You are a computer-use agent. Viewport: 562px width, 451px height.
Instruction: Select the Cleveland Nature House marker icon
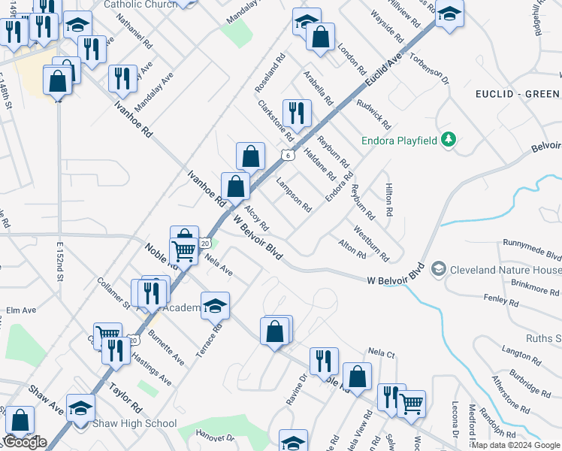438,268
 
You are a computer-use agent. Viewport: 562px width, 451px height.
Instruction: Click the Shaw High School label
134,423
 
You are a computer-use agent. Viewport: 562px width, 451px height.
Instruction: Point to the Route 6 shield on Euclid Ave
287,155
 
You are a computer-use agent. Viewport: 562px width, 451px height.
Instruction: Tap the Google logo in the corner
25,441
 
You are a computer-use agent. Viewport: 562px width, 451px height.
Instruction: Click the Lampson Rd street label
293,194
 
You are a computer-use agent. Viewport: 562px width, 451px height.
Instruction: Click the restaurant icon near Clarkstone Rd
297,114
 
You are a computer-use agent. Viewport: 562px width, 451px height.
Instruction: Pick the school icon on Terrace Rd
215,305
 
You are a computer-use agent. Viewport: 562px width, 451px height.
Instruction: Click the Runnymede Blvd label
533,244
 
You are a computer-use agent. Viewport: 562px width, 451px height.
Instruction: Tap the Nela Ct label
382,351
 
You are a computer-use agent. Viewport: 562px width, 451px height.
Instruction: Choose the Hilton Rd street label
389,200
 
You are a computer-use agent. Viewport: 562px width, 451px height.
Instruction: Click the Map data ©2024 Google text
515,445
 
